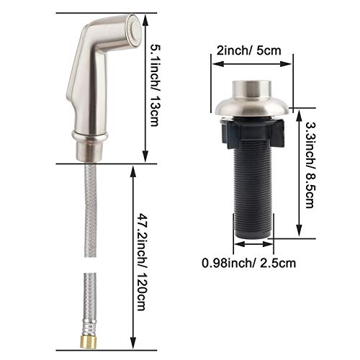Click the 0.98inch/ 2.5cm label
[x=248, y=262]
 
